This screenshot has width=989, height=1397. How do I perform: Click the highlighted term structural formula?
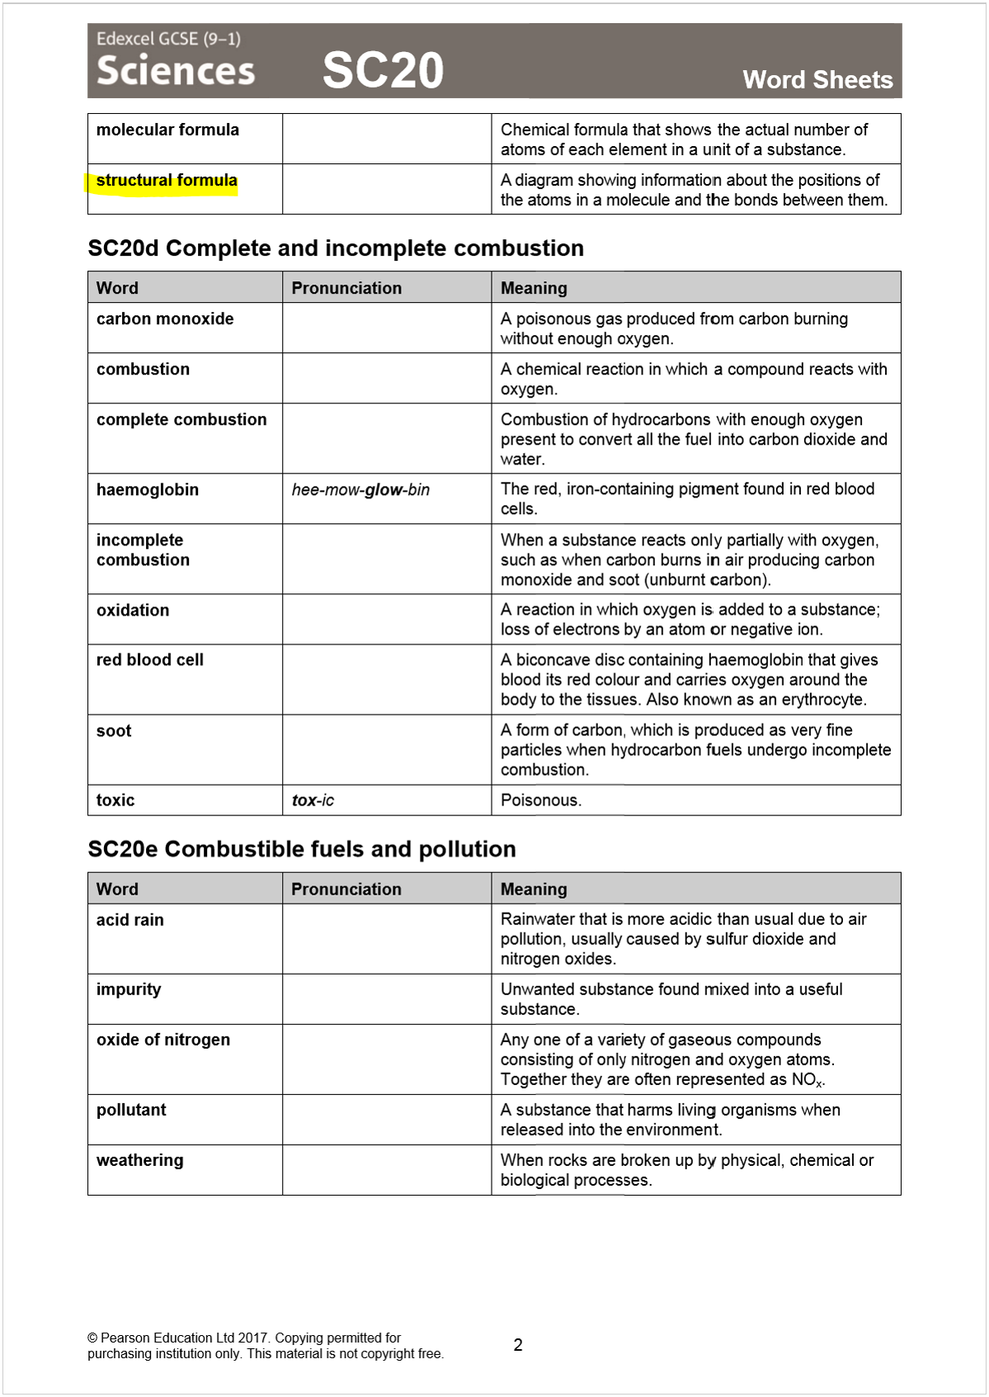pos(167,181)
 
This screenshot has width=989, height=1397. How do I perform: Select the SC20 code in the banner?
pos(383,70)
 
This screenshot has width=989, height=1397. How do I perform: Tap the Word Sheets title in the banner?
pos(817,80)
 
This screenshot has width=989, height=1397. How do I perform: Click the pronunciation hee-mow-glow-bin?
pos(360,490)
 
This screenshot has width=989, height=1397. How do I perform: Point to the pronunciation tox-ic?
pos(313,800)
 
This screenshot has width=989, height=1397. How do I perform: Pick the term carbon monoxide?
pos(165,319)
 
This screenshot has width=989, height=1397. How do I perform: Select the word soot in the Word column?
pos(114,731)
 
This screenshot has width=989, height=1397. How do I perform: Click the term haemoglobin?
pos(148,490)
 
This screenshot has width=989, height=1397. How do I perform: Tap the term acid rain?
pos(130,920)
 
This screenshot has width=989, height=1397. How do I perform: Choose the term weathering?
pos(140,1160)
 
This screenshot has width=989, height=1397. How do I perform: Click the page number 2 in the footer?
pos(518,1345)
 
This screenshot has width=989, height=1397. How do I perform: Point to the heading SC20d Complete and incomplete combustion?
pos(336,248)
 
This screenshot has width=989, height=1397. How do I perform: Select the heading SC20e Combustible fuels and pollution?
pos(302,849)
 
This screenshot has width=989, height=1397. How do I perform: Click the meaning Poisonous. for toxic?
pos(541,800)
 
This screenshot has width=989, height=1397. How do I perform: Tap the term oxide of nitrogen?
pos(163,1040)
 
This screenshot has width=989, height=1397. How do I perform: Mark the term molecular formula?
pos(167,130)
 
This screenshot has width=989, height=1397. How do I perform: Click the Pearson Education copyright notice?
pos(265,1346)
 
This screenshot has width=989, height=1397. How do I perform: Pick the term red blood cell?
pos(150,660)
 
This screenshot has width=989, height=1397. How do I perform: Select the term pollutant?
pos(131,1110)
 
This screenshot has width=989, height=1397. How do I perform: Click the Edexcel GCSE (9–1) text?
pos(168,39)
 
